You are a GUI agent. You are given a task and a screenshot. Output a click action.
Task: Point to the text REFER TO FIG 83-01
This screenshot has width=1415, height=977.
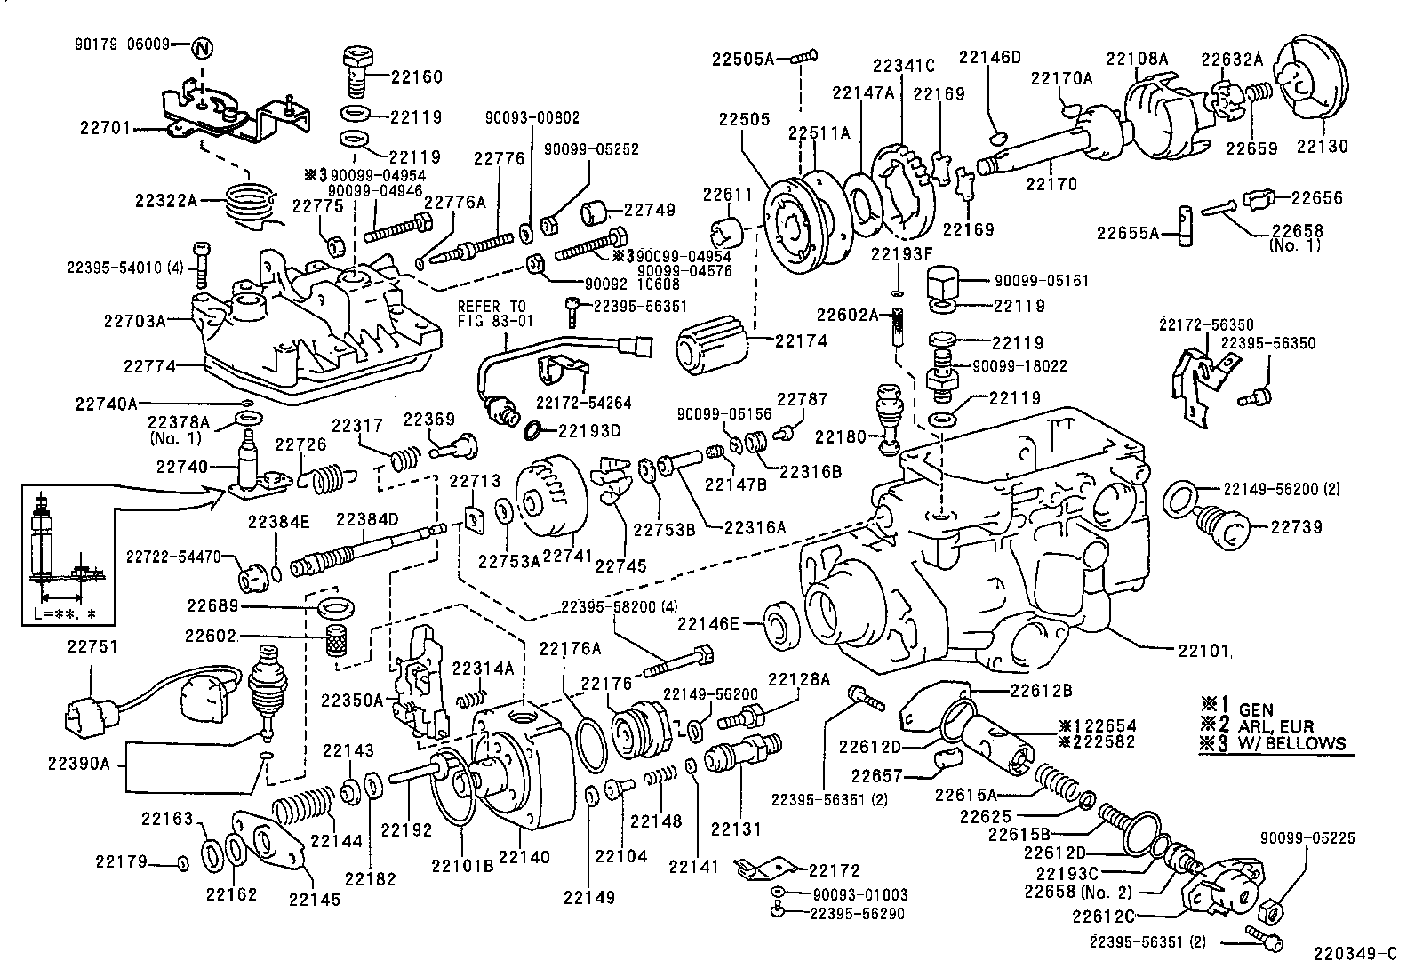[495, 313]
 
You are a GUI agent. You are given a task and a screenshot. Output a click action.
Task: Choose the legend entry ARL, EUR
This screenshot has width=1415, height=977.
[1276, 726]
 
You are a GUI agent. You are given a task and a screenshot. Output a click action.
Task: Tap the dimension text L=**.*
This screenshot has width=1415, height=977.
[65, 613]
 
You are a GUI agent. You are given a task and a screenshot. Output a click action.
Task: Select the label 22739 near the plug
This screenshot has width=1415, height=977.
[1296, 527]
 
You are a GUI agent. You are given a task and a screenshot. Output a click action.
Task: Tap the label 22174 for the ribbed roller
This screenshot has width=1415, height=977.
[801, 340]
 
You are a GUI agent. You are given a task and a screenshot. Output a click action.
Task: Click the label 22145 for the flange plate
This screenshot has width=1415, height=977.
[314, 899]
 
